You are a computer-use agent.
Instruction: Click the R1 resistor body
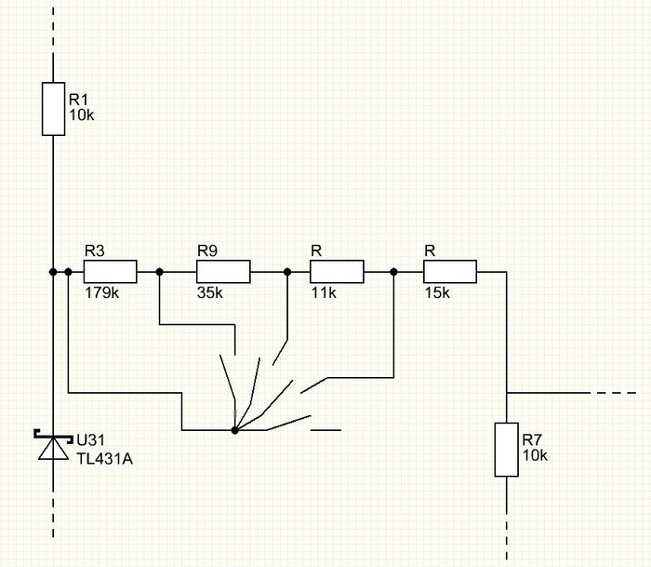[54, 109]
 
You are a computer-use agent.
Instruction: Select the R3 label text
[94, 251]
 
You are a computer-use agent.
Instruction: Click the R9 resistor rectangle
[223, 272]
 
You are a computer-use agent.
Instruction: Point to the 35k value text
[209, 292]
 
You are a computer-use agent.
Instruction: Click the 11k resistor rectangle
[336, 272]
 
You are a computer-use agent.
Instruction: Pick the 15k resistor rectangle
[450, 272]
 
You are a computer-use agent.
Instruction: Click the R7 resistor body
[506, 450]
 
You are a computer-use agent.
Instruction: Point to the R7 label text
[532, 439]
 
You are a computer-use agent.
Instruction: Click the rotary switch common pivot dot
[234, 430]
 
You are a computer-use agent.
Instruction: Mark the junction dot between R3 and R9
[159, 272]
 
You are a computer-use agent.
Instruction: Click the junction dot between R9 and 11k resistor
[287, 272]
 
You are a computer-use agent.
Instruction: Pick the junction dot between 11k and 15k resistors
[394, 272]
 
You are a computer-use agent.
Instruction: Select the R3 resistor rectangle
[110, 272]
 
